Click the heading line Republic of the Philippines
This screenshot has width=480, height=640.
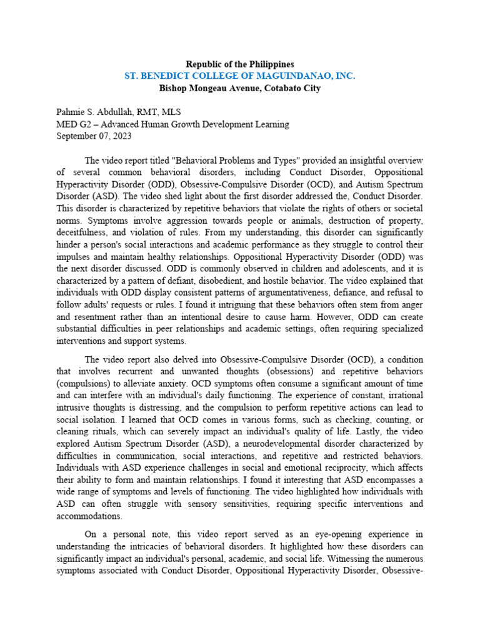[240, 64]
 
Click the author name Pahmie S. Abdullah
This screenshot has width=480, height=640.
[100, 112]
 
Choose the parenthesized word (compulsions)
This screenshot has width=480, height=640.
[86, 384]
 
